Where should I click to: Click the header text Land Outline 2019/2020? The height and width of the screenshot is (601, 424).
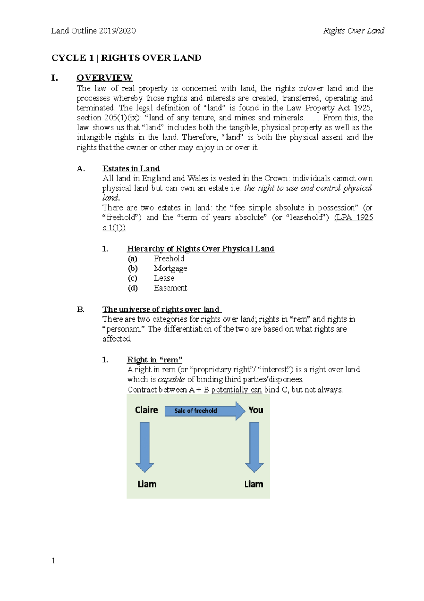(93, 31)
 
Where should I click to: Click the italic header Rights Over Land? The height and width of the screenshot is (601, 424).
(353, 31)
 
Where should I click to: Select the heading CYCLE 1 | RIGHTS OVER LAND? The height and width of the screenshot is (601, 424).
(126, 58)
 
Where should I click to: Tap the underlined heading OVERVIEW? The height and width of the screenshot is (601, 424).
(105, 78)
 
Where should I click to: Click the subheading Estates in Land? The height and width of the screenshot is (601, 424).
(131, 168)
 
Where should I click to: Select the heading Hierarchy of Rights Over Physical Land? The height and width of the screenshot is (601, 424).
(200, 249)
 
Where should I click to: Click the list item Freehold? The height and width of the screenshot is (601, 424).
(169, 258)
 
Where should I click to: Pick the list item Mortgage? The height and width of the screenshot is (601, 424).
(170, 268)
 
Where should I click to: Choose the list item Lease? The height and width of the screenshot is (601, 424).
(164, 278)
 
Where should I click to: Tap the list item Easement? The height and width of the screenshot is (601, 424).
(170, 288)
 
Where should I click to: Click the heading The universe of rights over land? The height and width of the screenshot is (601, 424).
(161, 309)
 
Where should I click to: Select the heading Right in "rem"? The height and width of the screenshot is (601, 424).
(154, 360)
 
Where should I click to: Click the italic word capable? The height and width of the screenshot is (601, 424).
(171, 379)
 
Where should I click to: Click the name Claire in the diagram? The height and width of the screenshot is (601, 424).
(146, 410)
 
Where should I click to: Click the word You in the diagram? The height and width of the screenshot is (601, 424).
(255, 410)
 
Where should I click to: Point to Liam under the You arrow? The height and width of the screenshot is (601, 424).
(253, 484)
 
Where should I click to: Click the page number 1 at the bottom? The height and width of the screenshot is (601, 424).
(53, 561)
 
